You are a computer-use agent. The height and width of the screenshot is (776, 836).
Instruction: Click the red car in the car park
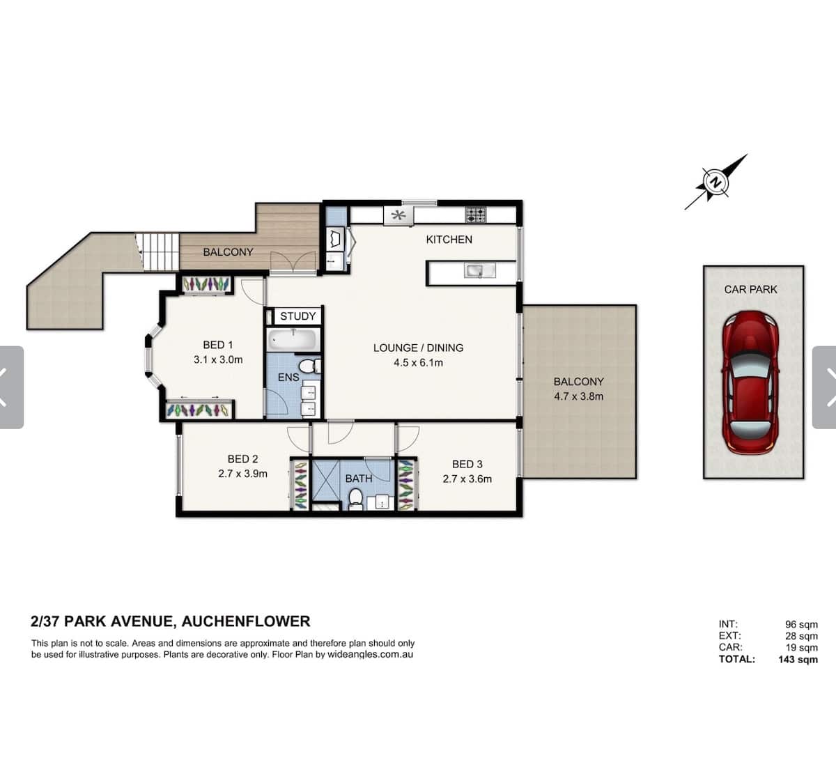coord(750,382)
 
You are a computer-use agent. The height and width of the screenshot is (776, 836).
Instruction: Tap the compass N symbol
coord(715,183)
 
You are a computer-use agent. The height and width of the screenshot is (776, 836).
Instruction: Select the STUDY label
coord(298,316)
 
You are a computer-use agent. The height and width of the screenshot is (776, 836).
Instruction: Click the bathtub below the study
coord(293,339)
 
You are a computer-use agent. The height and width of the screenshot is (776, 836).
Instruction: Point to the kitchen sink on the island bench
coord(479,270)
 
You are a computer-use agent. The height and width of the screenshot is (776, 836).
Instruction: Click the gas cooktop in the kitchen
coord(476,215)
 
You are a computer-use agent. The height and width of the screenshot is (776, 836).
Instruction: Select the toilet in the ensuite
coord(310,366)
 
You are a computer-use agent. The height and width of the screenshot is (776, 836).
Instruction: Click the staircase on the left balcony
coord(160,251)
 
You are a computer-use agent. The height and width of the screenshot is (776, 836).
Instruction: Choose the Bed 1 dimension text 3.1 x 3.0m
coord(218,359)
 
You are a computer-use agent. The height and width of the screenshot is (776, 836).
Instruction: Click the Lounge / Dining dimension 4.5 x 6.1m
coord(419,362)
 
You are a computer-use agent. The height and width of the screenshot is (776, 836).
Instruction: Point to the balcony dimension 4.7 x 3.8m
coord(579,396)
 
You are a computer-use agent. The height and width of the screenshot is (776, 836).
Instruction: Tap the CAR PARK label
coord(750,289)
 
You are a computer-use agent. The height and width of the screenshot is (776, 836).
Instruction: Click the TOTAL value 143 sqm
coord(798,660)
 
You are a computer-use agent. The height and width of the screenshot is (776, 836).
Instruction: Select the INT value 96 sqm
coord(801,625)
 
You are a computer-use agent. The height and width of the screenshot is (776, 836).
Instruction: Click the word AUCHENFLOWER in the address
coord(246,621)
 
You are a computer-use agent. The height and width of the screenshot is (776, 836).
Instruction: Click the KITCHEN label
coord(449,240)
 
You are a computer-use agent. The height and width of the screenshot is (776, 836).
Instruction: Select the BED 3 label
coord(467,464)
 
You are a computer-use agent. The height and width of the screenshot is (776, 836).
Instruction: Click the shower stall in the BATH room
coord(325,479)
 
